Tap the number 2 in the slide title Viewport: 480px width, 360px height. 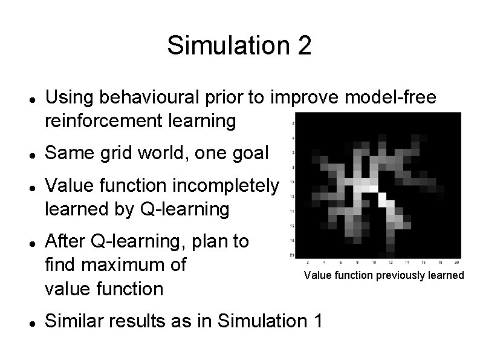click(305, 45)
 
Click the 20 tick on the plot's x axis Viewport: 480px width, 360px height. click(457, 263)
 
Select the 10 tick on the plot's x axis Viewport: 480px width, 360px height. click(374, 263)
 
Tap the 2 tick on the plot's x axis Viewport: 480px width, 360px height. click(308, 263)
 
